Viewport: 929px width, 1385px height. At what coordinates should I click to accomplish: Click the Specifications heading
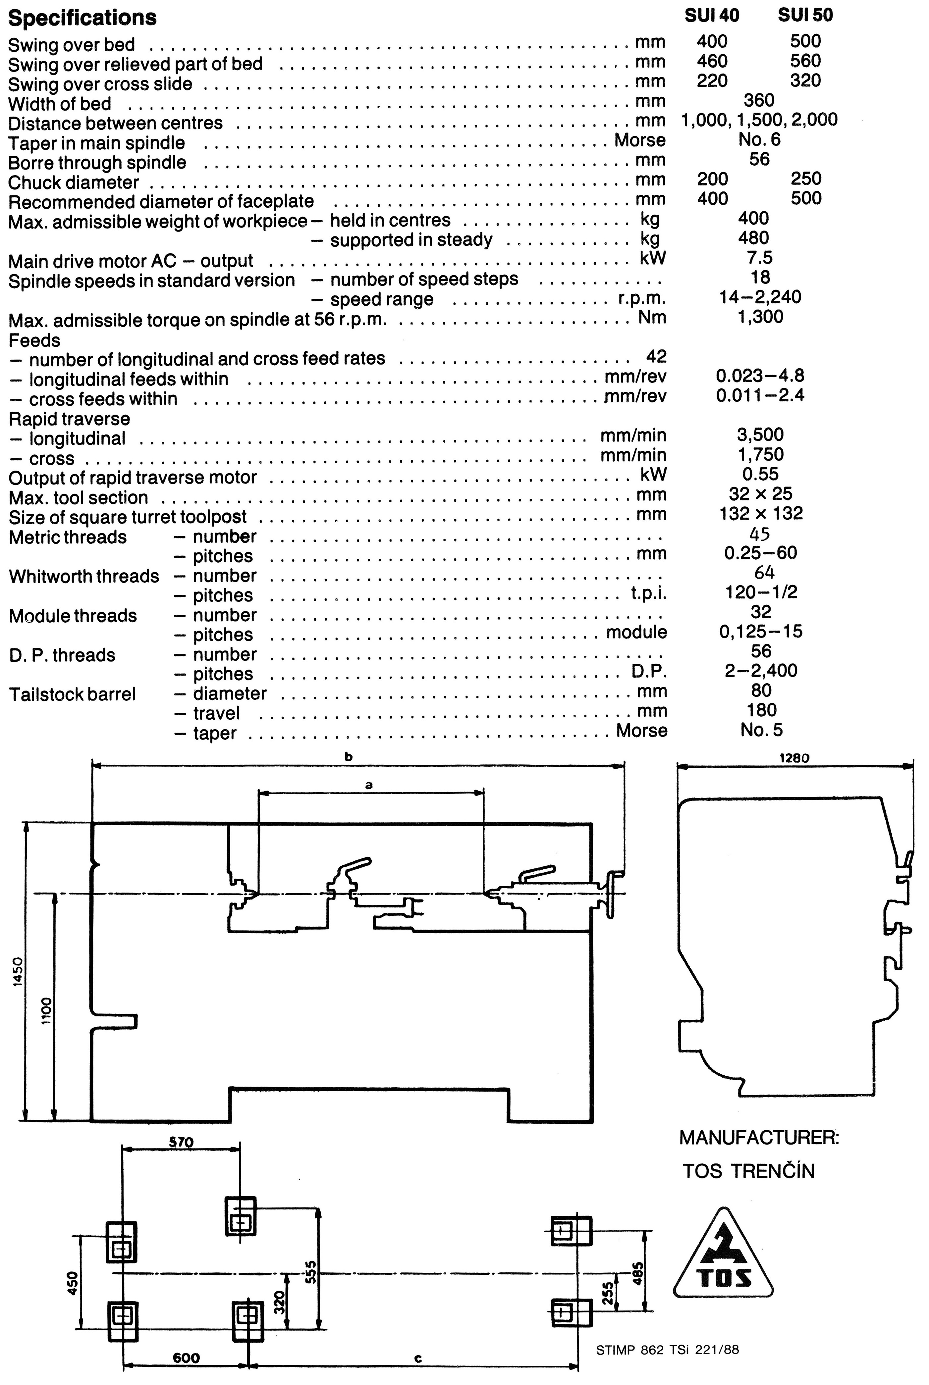82,18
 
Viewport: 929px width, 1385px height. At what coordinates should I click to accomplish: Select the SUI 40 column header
712,15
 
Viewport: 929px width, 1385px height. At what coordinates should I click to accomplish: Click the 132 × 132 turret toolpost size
761,513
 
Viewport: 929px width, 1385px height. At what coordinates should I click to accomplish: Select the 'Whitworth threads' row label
84,576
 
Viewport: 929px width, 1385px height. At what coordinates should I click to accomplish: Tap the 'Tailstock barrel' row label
72,694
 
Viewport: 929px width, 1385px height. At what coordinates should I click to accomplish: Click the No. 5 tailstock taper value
761,730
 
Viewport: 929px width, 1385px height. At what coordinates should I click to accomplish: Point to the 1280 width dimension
794,758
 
